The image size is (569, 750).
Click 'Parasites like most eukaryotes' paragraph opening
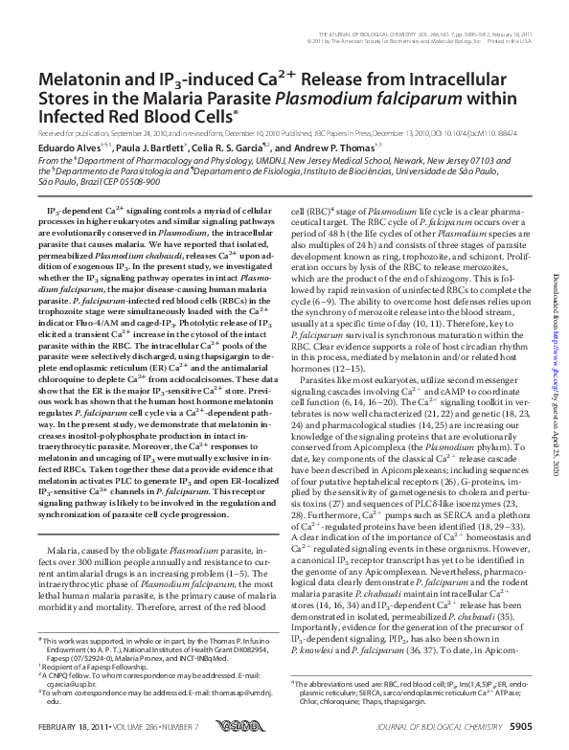[x=353, y=352]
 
